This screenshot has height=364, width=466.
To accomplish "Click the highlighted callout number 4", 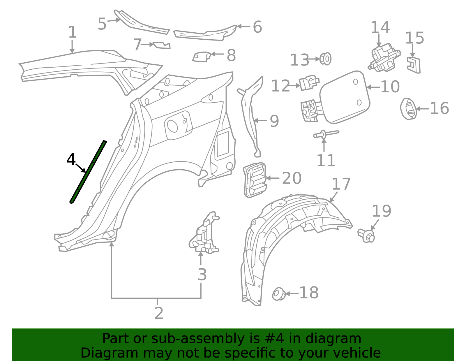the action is click(71, 160).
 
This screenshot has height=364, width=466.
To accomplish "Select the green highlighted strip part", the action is click(88, 172).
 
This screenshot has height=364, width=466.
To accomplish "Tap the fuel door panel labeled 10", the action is click(345, 97).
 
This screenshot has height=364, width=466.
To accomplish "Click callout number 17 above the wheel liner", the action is click(341, 184).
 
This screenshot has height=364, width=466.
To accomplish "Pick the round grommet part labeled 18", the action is click(279, 294).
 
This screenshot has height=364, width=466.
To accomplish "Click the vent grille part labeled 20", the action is click(255, 180).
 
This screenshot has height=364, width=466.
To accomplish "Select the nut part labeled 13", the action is click(325, 59).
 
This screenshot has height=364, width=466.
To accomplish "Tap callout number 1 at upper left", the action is click(73, 32).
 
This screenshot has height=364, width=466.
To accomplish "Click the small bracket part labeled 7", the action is click(162, 45).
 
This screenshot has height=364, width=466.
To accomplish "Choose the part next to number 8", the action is click(202, 57).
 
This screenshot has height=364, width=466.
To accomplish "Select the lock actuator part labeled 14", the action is click(384, 57).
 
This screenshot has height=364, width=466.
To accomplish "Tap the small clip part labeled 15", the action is click(414, 65).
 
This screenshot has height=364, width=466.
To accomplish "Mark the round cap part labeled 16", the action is click(408, 109).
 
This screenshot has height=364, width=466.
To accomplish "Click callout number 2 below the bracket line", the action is click(159, 313).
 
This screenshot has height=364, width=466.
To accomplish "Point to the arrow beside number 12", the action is click(294, 86).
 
